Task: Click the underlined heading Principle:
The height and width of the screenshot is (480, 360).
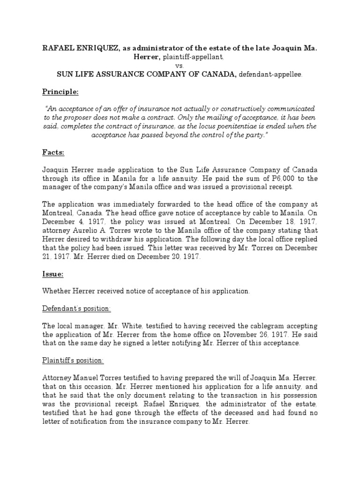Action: (60, 91)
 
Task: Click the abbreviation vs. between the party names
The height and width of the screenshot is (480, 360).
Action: (180, 65)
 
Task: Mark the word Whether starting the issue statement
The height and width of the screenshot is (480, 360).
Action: (57, 291)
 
